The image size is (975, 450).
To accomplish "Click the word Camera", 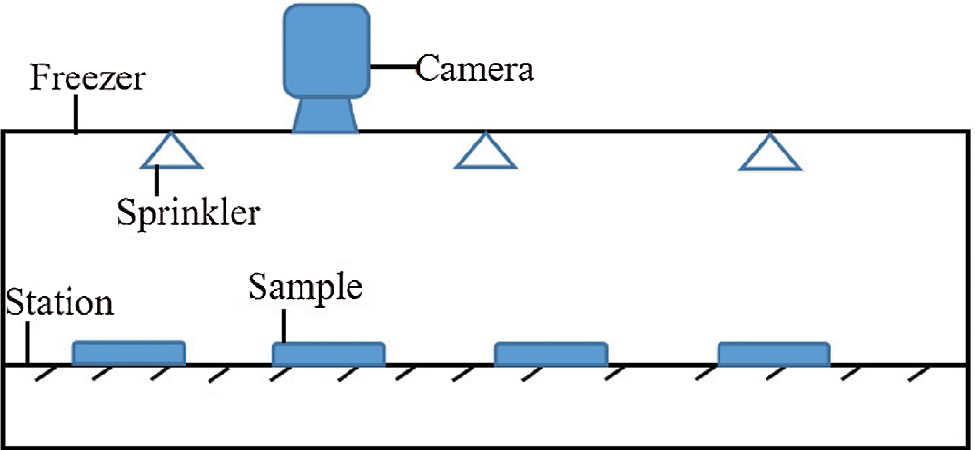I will (476, 70).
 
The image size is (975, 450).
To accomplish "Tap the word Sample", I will (304, 287).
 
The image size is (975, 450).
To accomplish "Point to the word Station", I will (59, 302).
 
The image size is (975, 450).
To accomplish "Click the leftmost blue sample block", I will (129, 353).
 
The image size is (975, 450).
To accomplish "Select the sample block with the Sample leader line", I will (328, 353).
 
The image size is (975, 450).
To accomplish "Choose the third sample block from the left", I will (551, 353).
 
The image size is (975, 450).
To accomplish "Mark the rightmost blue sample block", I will (774, 353).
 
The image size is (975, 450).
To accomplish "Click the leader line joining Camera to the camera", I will (394, 68).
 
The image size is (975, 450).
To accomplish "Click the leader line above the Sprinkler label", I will (158, 181).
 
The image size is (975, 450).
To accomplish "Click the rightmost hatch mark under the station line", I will (917, 375).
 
